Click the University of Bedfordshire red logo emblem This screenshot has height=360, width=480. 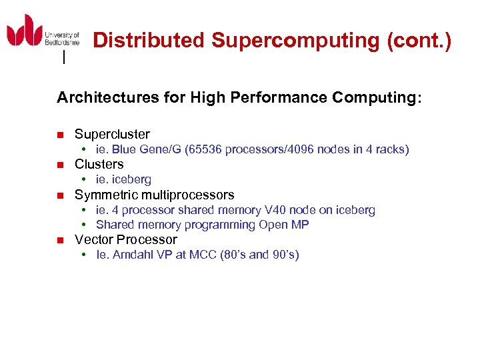(25, 30)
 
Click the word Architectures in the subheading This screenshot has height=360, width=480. (107, 98)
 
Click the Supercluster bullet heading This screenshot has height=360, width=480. (112, 134)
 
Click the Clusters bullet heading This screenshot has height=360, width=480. (99, 164)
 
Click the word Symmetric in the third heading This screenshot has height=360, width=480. (103, 195)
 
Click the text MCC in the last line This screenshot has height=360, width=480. (199, 255)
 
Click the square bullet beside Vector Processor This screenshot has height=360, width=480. (60, 240)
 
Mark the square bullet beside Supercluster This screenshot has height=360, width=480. (60, 135)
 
